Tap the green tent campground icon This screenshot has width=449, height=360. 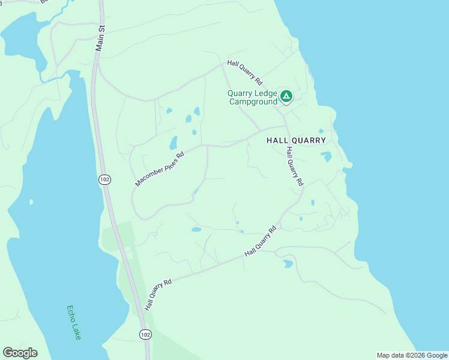[x=287, y=95]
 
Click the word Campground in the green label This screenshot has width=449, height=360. [x=253, y=101]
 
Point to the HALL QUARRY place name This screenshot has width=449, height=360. [x=296, y=140]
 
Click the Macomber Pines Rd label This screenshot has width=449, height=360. [x=159, y=169]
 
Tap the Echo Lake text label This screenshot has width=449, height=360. [x=74, y=323]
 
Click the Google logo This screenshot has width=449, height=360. [x=20, y=353]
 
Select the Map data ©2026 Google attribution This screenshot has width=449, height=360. [x=412, y=355]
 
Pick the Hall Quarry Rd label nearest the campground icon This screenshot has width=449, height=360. [x=245, y=71]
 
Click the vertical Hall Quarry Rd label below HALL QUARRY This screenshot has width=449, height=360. [x=294, y=166]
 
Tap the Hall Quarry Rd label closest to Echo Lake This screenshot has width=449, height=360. [x=158, y=294]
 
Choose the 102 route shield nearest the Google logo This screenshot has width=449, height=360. [x=145, y=334]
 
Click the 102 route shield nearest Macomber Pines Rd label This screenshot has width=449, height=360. [x=104, y=179]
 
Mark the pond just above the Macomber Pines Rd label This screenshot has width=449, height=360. [x=173, y=143]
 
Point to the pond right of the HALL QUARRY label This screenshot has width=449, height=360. [x=327, y=157]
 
